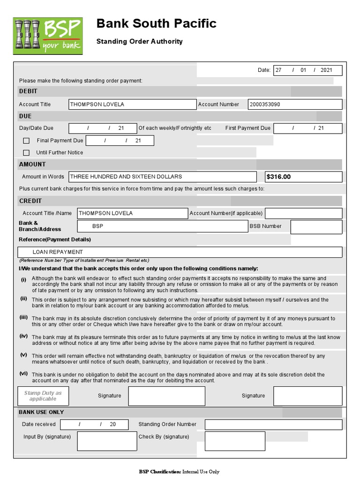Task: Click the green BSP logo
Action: (x=47, y=35)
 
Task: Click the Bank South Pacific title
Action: (x=156, y=23)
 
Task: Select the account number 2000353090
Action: (x=265, y=105)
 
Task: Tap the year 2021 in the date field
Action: (x=326, y=70)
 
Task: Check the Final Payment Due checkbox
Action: (x=26, y=141)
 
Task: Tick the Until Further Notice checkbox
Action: (x=26, y=153)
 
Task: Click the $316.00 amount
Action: (x=278, y=177)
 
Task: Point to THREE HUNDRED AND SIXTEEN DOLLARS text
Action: (x=126, y=177)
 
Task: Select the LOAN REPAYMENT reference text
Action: (x=58, y=252)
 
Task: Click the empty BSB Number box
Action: (x=316, y=226)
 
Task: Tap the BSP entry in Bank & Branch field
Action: (x=97, y=226)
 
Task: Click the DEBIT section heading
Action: (x=28, y=91)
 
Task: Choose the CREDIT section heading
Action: (x=30, y=201)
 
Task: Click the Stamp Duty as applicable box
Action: (x=43, y=396)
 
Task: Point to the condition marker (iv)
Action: (x=23, y=336)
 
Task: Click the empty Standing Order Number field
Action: (x=273, y=425)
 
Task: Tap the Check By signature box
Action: (x=235, y=441)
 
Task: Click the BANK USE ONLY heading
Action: (x=41, y=412)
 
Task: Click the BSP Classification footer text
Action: (x=179, y=472)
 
